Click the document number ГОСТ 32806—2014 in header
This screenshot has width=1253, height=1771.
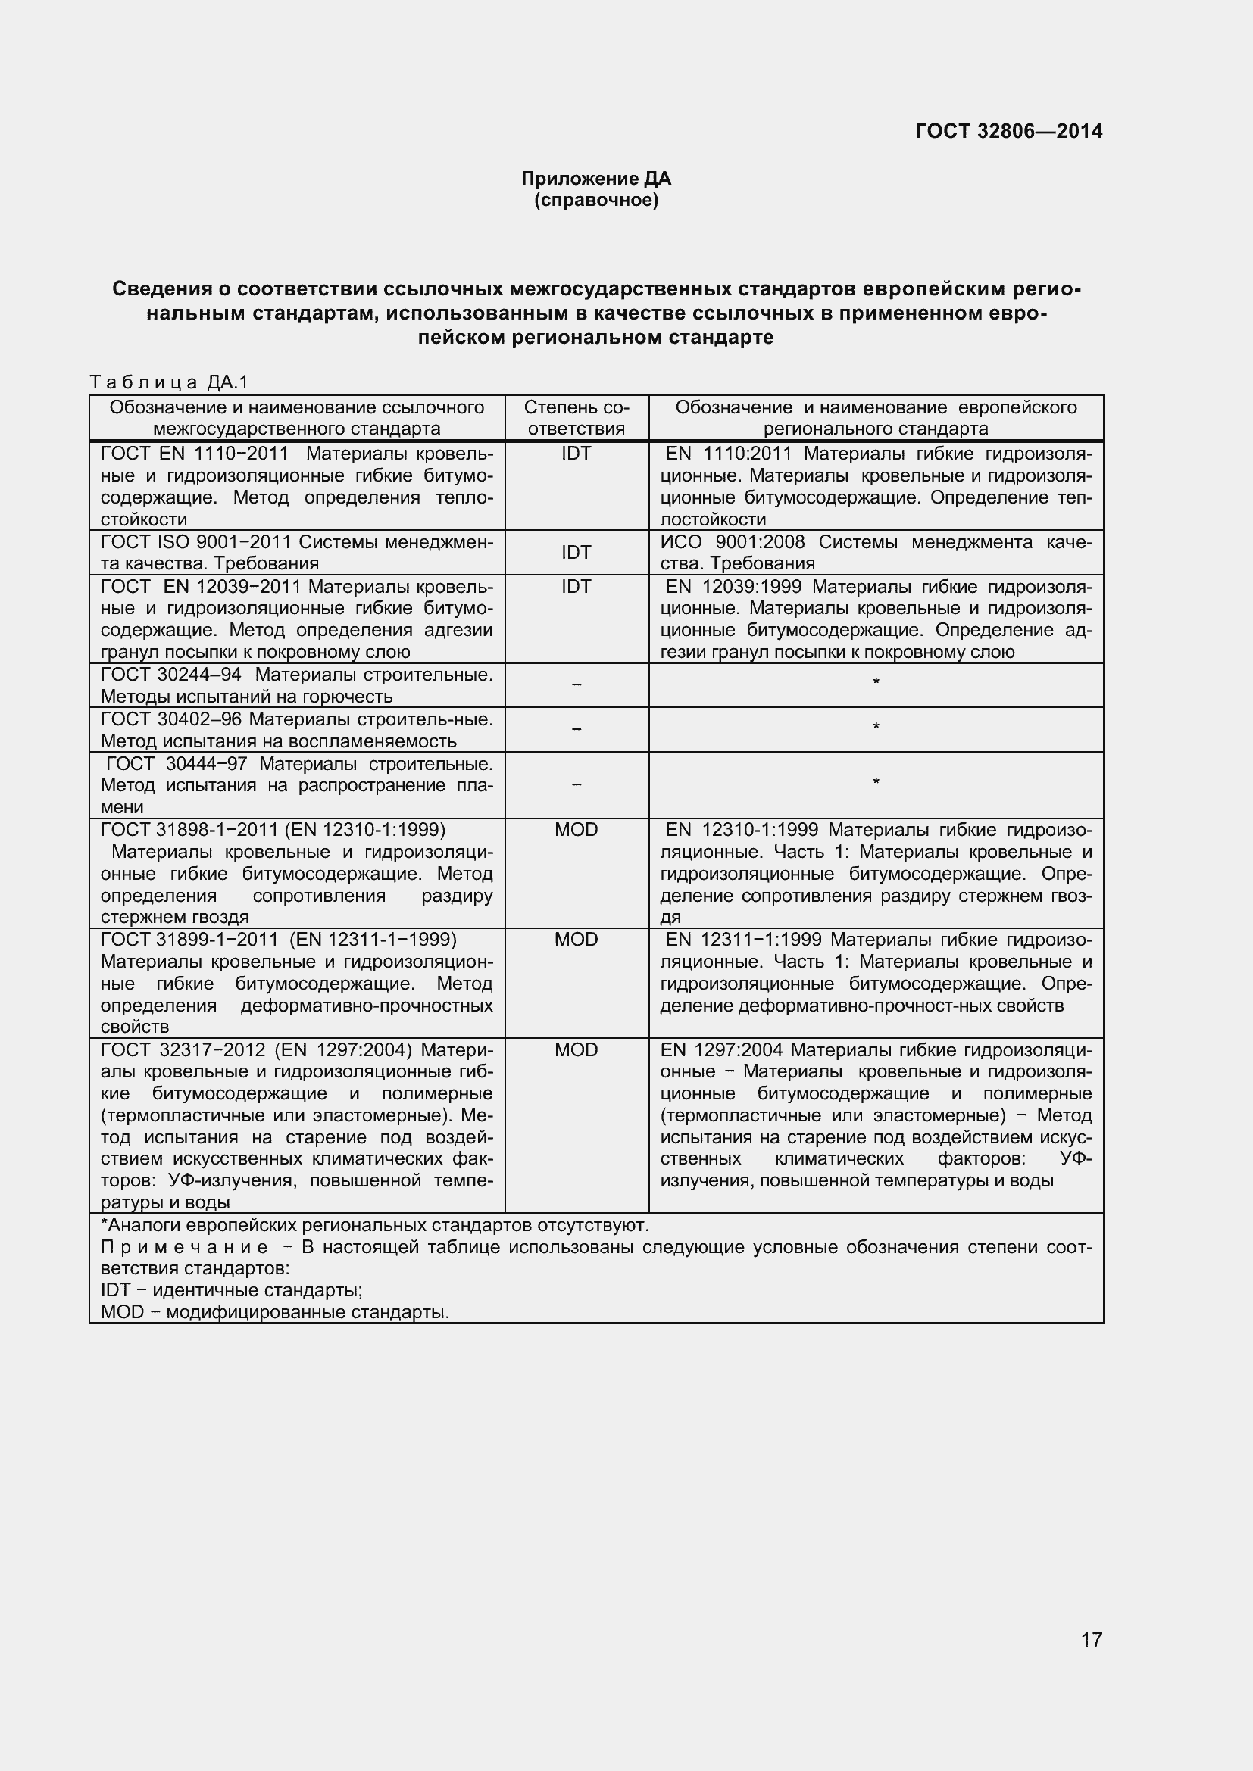pyautogui.click(x=1008, y=131)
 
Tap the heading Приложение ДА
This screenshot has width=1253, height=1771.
pyautogui.click(x=595, y=179)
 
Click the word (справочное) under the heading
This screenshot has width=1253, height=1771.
pyautogui.click(x=595, y=201)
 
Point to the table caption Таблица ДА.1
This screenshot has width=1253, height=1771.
pyautogui.click(x=168, y=382)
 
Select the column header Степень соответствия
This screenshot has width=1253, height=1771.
pyautogui.click(x=576, y=417)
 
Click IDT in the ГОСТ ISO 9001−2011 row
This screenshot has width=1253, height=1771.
pyautogui.click(x=576, y=552)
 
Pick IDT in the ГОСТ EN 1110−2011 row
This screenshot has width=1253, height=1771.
pyautogui.click(x=576, y=454)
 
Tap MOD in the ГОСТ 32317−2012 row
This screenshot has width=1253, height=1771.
pyautogui.click(x=576, y=1049)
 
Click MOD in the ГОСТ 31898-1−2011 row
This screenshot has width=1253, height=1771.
pyautogui.click(x=576, y=830)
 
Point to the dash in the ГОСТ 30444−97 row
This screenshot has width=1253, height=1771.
pyautogui.click(x=576, y=785)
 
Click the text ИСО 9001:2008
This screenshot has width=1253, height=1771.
pyautogui.click(x=733, y=542)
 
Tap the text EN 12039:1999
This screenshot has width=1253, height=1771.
pyautogui.click(x=733, y=587)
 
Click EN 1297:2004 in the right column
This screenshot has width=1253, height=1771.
pyautogui.click(x=721, y=1049)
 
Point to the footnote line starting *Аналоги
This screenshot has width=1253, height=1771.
pyautogui.click(x=375, y=1226)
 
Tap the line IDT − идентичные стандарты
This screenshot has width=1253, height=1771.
pyautogui.click(x=232, y=1290)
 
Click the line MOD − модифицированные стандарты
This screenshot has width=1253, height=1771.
pyautogui.click(x=275, y=1312)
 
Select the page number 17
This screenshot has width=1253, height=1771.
pyautogui.click(x=1091, y=1660)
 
